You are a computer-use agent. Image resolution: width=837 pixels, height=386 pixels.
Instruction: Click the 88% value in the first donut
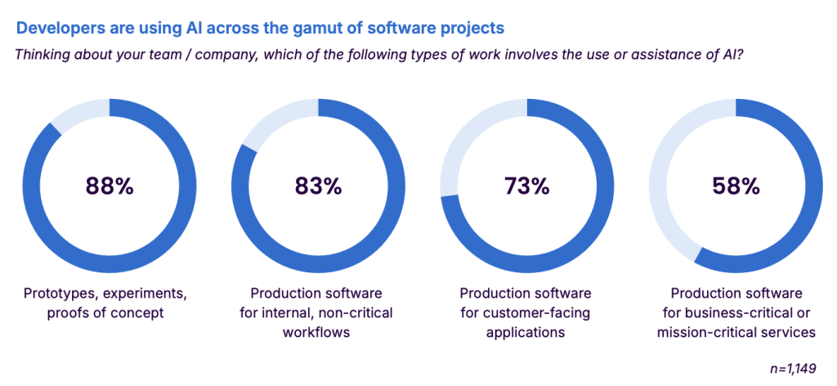[109, 186]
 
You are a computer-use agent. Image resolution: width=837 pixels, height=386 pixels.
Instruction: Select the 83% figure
[318, 186]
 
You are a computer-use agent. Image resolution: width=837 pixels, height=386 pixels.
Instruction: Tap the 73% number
[527, 186]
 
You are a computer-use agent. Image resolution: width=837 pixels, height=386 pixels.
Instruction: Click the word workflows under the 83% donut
[318, 332]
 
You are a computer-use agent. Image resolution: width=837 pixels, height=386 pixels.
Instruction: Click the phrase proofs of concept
[109, 312]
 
